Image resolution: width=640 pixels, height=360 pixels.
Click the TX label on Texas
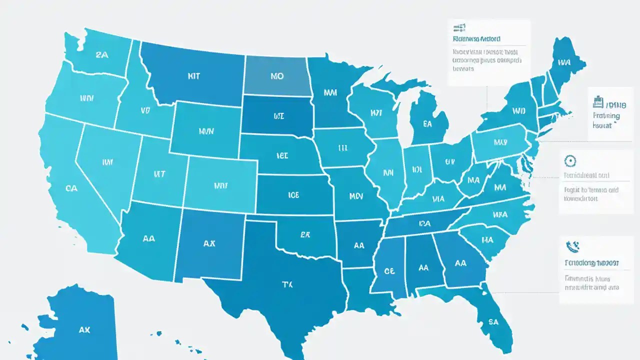pos(287,284)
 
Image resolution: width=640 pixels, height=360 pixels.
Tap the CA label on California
pos(71,188)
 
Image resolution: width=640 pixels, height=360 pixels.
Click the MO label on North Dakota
pos(276,76)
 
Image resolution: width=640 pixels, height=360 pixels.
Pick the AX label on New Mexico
pos(209,243)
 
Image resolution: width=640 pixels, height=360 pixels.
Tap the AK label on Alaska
pos(84,330)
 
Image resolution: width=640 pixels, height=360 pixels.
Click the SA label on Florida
pos(493,322)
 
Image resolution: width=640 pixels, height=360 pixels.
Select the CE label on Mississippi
pos(389,270)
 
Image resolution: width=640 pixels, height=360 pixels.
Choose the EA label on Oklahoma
pos(306,233)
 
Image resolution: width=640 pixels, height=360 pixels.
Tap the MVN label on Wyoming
pos(206,131)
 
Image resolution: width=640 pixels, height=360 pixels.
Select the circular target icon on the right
pos(570,161)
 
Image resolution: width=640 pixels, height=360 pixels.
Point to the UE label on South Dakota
pos(278,116)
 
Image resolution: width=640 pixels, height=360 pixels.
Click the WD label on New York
pos(519,111)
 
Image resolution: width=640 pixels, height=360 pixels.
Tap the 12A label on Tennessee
pos(425,223)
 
